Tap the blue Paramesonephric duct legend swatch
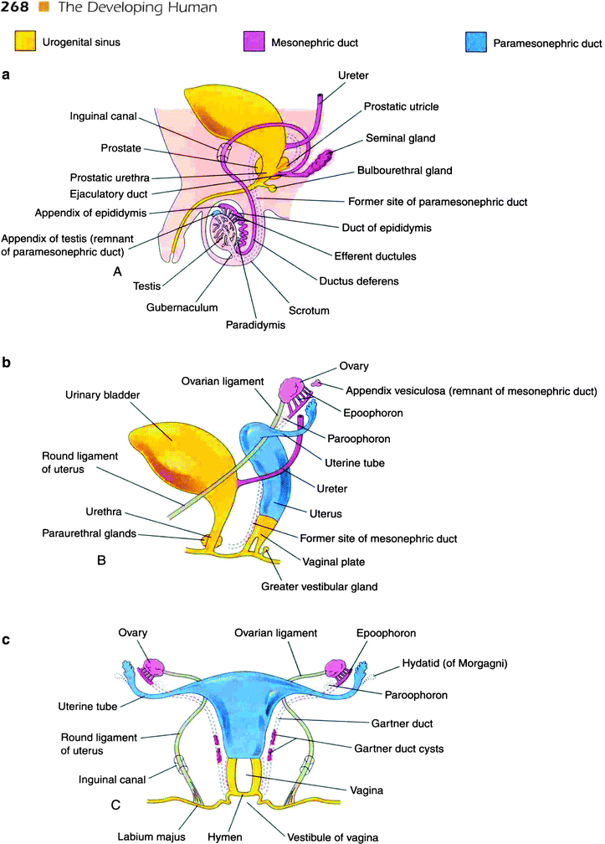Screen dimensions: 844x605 [x=483, y=40]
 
